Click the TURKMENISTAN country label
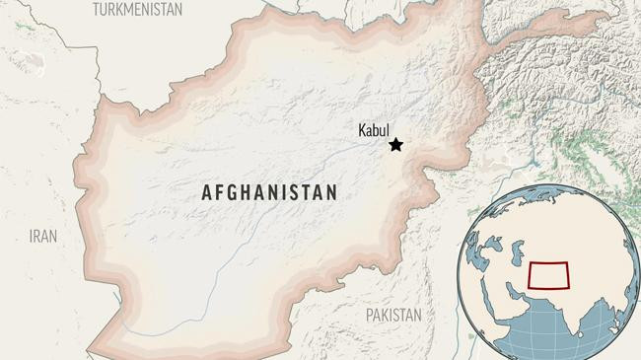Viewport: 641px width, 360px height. pyautogui.click(x=137, y=9)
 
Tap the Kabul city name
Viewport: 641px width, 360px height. pyautogui.click(x=376, y=128)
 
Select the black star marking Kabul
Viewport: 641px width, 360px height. pyautogui.click(x=396, y=145)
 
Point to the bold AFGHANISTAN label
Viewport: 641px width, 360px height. pyautogui.click(x=269, y=192)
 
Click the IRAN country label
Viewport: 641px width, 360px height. pyautogui.click(x=42, y=237)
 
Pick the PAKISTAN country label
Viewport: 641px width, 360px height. pyautogui.click(x=392, y=316)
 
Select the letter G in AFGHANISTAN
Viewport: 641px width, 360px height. pyautogui.click(x=234, y=192)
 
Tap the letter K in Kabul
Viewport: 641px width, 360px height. pyautogui.click(x=363, y=128)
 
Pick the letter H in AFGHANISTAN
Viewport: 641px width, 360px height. pyautogui.click(x=249, y=192)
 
